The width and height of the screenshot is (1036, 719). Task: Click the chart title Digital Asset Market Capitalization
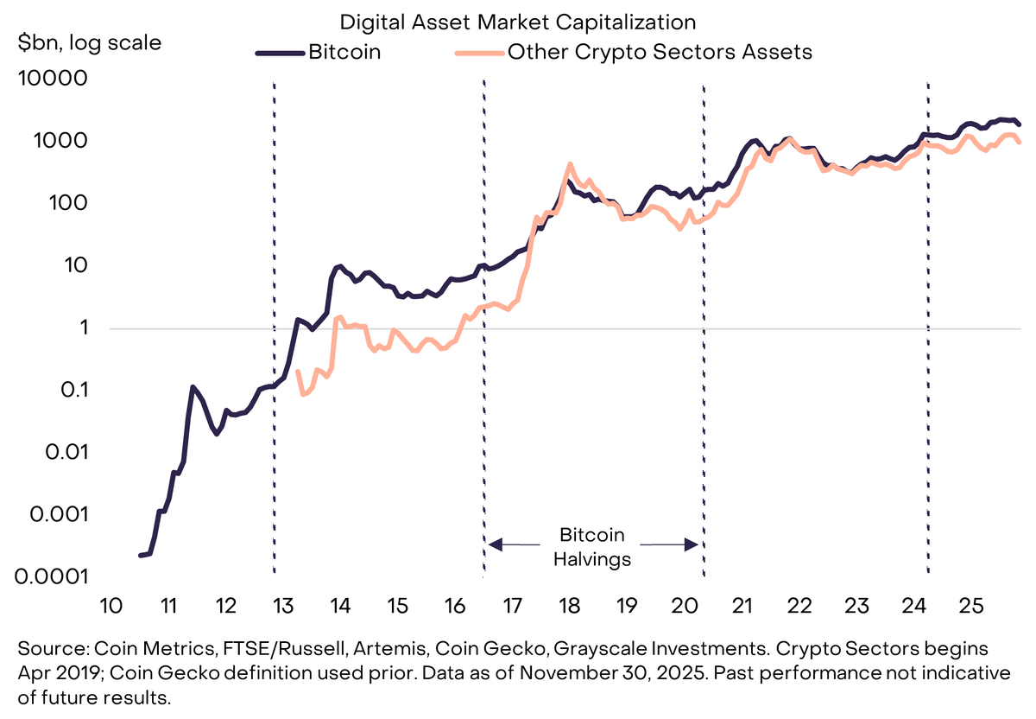tap(517, 21)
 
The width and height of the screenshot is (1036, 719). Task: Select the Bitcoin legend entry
tap(344, 52)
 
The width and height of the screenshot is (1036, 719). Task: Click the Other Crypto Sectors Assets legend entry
tap(660, 52)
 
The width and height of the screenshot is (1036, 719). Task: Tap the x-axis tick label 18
tap(568, 604)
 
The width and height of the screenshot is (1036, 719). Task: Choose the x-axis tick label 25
tap(971, 604)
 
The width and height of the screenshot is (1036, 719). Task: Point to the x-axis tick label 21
tap(740, 604)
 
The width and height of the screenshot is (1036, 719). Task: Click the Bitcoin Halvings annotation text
tap(592, 547)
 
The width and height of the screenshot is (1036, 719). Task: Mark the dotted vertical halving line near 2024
tap(928, 346)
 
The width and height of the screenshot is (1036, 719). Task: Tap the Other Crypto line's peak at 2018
tap(570, 164)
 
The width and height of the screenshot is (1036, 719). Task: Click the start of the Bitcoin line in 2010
tap(141, 555)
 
